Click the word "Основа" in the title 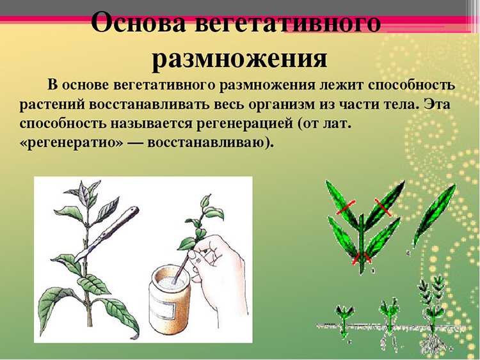click(139, 23)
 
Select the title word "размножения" click(240, 58)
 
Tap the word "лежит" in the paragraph click(340, 84)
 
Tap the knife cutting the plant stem click(106, 233)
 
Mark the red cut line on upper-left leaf click(346, 207)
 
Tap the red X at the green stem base click(362, 258)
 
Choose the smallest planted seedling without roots click(344, 320)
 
